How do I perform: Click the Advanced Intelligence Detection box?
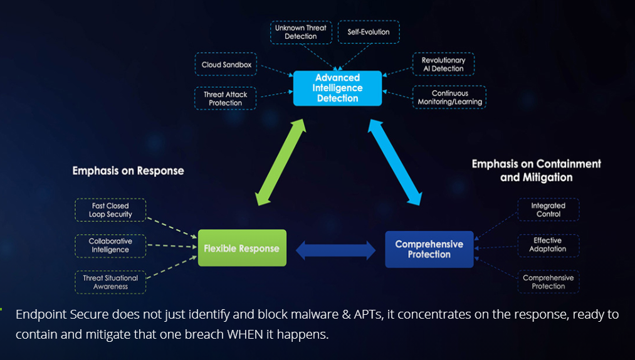pos(337,88)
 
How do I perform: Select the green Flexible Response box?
pos(242,248)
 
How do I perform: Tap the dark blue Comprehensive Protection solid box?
pos(429,249)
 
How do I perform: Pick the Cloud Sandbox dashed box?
pos(226,65)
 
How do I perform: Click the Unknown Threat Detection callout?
pos(300,32)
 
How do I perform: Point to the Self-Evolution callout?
pos(369,32)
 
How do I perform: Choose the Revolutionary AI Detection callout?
pos(443,65)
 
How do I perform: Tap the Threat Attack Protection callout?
pos(225,98)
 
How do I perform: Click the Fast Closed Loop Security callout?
pos(110,210)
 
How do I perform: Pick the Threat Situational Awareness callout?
pos(110,282)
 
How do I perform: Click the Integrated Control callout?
pos(548,209)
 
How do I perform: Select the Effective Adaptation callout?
pos(548,245)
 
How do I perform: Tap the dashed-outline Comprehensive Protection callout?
pos(548,282)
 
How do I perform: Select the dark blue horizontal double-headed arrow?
pos(335,250)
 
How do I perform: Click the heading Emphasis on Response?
pos(128,171)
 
